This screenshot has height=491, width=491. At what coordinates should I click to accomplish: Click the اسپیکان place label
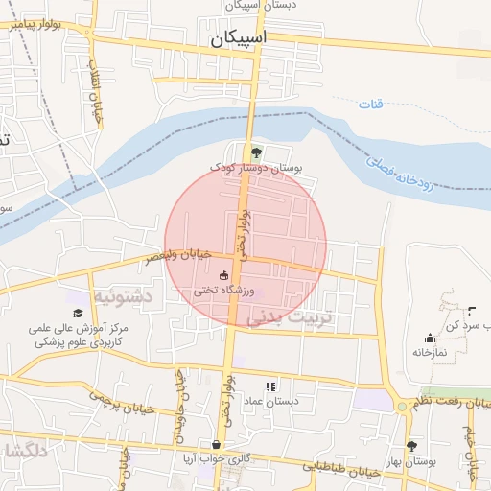tap(238, 39)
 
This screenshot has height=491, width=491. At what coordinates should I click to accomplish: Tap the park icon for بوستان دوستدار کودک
tap(255, 152)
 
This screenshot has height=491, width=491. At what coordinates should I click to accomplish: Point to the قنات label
tap(370, 103)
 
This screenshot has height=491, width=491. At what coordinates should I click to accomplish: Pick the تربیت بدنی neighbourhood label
tap(288, 316)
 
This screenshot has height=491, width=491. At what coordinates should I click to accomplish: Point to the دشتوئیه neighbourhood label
tap(122, 297)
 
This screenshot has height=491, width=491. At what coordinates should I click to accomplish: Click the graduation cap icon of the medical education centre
tap(77, 313)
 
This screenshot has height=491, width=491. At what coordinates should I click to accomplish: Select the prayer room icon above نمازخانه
tap(429, 338)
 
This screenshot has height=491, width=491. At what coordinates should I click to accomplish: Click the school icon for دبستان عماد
tap(269, 385)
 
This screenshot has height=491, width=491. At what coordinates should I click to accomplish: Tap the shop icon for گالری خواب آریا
tap(217, 445)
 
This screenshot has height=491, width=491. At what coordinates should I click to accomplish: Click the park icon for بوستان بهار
tap(411, 446)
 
